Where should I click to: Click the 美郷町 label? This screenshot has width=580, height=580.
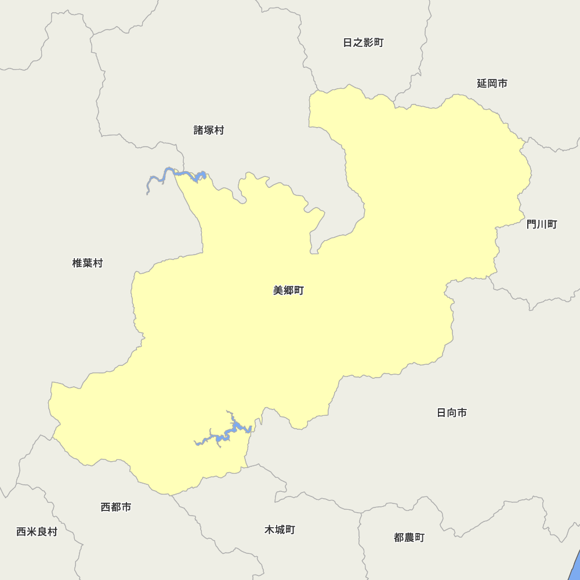288,291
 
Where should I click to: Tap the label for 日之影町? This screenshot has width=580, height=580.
363,42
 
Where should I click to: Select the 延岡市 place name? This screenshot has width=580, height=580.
492,84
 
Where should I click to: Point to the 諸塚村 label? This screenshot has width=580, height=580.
209,130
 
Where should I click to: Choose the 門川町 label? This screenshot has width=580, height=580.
542,224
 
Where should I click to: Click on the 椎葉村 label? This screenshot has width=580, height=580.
88,263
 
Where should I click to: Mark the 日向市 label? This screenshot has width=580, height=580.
452,413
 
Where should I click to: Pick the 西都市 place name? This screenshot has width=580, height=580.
116,507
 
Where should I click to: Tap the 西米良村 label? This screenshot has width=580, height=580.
37,532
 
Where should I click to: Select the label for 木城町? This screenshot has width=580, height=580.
280,530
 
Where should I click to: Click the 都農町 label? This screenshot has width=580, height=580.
409,538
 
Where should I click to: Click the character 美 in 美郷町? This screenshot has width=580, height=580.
278,291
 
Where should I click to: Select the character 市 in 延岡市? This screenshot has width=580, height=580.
502,84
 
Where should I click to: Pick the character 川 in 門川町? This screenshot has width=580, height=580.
542,224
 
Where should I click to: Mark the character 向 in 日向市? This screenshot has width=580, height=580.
452,413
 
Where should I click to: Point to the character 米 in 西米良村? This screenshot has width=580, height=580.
31,532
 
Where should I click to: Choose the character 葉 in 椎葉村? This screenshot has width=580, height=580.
88,263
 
